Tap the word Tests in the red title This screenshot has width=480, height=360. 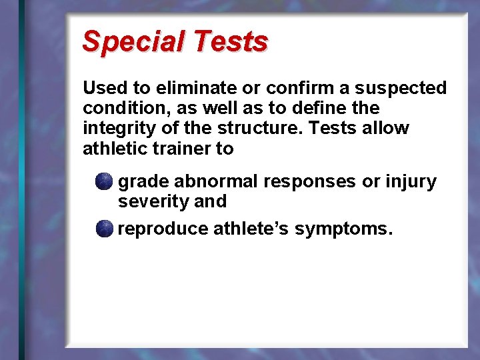tap(229, 41)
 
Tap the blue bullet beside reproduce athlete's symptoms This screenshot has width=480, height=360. tap(104, 229)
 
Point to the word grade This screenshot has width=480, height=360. tap(144, 182)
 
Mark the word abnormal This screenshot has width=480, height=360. tap(216, 181)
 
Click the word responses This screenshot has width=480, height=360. tap(311, 182)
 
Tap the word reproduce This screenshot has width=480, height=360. tap(163, 229)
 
